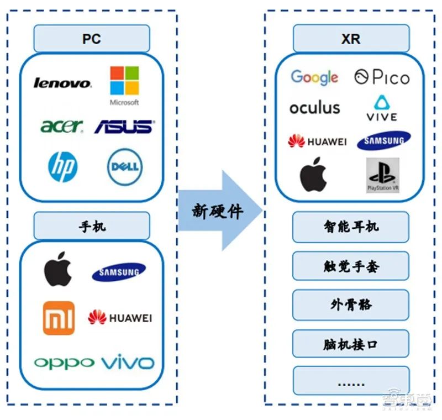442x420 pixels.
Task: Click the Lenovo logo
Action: point(62,83)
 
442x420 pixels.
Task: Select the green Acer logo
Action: point(61,126)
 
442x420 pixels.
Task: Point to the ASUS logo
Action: point(124,127)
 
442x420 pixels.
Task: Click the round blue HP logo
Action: point(62,166)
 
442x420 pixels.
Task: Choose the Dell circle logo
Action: point(125,166)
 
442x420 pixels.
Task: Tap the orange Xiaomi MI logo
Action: point(58,318)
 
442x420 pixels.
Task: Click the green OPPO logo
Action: point(64,363)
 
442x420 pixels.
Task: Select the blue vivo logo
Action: point(128,363)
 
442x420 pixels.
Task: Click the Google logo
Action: point(314,77)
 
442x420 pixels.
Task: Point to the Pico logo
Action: point(382,77)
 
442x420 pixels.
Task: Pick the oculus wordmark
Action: point(315,107)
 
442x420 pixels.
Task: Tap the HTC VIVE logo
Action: point(382,108)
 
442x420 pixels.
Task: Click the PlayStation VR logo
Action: point(382,175)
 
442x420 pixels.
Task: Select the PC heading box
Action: point(92,40)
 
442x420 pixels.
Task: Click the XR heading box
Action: point(351,39)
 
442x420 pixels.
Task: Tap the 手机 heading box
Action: point(92,227)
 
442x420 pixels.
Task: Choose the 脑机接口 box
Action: point(351,344)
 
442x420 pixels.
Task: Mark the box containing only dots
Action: point(351,381)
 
